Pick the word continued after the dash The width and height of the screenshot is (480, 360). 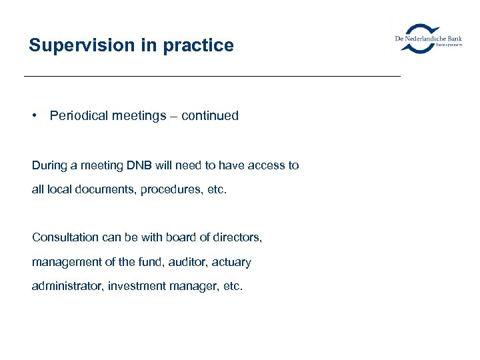pos(209,115)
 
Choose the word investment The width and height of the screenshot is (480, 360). pos(133,286)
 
